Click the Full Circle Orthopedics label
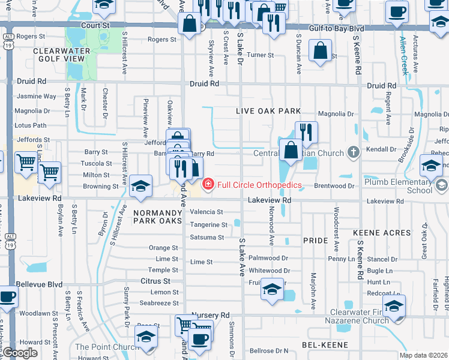tap(259, 185)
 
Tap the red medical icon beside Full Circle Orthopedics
tap(208, 185)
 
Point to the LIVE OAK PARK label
tap(268, 112)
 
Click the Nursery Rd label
tap(211, 315)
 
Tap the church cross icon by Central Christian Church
tap(354, 151)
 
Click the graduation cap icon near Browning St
tap(140, 187)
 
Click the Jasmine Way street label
tap(37, 96)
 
